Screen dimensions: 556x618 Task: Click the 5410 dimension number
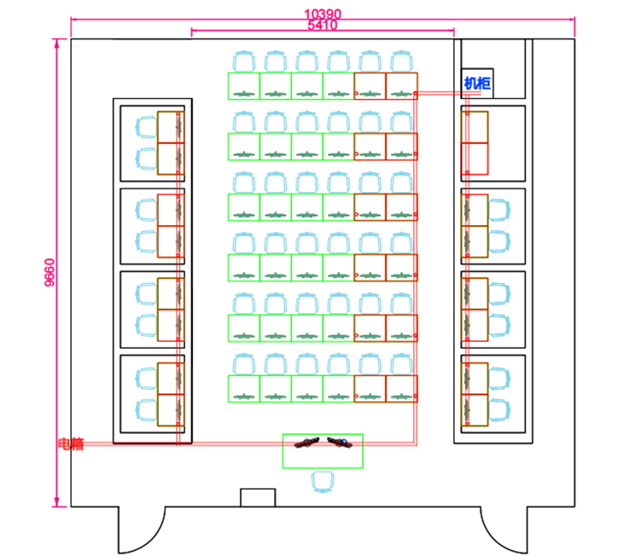coord(323,26)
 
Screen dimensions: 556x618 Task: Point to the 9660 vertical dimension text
coord(50,273)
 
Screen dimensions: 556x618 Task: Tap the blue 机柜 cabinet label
coord(477,83)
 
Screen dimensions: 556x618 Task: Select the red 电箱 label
coord(71,443)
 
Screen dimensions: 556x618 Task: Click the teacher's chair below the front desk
coord(323,482)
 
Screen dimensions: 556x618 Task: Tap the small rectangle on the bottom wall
coord(258,497)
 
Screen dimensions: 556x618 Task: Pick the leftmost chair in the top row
coord(244,61)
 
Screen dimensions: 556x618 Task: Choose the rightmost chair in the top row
coord(401,61)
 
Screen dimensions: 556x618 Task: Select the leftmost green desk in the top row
coord(244,86)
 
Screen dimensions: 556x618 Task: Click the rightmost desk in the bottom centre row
coord(401,389)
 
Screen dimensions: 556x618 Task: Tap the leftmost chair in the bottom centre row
coord(244,364)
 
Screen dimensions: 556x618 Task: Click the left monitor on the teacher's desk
coord(305,443)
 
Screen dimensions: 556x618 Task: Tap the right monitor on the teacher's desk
coord(340,442)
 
